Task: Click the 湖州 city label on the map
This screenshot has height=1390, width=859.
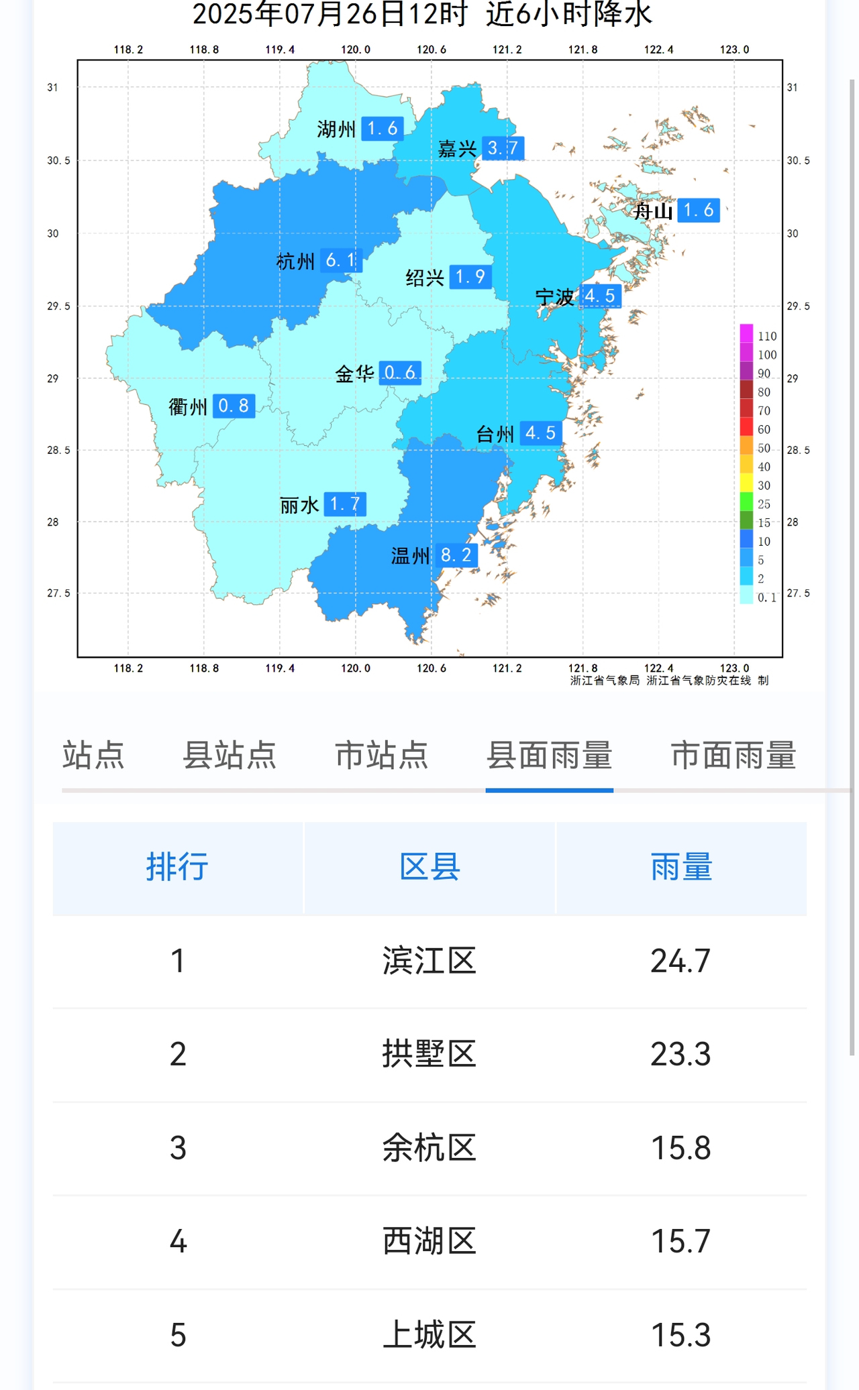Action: (x=336, y=129)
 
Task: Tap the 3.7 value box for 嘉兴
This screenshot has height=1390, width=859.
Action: (x=503, y=148)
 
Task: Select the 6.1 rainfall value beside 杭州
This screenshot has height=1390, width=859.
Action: (x=341, y=260)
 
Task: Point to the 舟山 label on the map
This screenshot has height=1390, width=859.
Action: (x=654, y=211)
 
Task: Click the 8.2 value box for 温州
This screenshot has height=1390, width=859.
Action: (x=456, y=555)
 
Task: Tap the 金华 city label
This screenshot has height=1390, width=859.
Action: (x=354, y=373)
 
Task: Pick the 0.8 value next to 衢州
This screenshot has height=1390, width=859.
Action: (x=234, y=406)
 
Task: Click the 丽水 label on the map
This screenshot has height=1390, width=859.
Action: (x=299, y=505)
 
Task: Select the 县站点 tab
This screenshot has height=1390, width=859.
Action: (x=230, y=756)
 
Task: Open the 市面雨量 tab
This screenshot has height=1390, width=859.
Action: (x=734, y=756)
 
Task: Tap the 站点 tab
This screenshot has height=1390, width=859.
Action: (x=93, y=756)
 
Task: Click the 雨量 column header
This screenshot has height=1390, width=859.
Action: (x=680, y=867)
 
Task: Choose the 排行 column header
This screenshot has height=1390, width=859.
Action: (x=177, y=867)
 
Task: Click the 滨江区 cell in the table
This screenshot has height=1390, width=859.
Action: (x=429, y=961)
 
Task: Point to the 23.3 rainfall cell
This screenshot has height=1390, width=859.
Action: (x=680, y=1054)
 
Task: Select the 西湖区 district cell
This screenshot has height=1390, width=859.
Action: (x=429, y=1241)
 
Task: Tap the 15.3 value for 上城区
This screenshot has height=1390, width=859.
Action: (x=680, y=1334)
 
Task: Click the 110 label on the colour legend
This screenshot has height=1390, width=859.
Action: (x=767, y=336)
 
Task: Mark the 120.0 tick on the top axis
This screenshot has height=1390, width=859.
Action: (x=356, y=50)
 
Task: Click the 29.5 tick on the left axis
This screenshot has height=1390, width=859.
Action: (x=58, y=306)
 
